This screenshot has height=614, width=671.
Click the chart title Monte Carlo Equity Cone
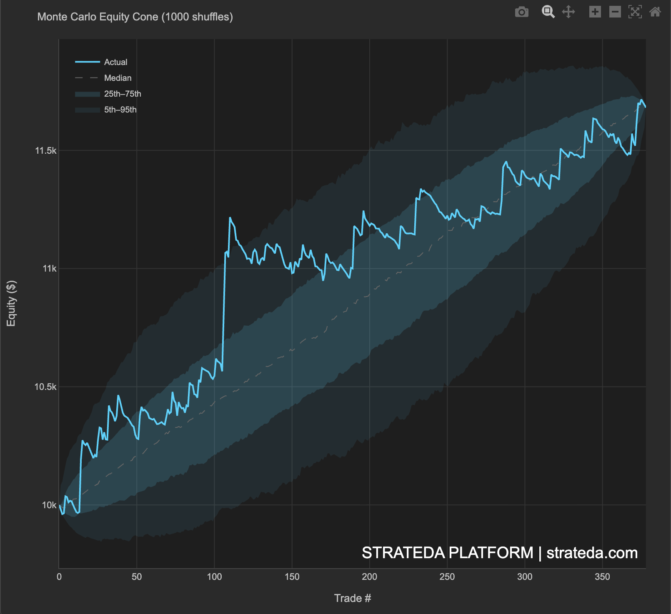[x=135, y=17]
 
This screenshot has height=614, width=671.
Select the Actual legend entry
[x=115, y=62]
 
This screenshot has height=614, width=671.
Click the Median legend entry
[x=118, y=78]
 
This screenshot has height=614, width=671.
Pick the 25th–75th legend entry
[x=122, y=94]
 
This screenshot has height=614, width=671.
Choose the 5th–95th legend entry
[x=120, y=110]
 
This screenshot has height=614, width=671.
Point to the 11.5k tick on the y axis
[x=45, y=151]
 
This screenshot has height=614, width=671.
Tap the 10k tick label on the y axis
[x=49, y=505]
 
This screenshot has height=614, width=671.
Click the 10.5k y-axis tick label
[x=45, y=387]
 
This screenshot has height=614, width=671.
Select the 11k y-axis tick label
[x=49, y=269]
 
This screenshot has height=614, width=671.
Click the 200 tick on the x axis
[x=369, y=577]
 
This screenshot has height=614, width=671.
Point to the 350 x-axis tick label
[x=602, y=577]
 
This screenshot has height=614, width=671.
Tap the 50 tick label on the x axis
[x=137, y=577]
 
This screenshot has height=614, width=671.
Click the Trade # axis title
[x=352, y=598]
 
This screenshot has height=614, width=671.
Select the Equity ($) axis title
[x=11, y=303]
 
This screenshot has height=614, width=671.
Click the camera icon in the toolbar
[x=521, y=12]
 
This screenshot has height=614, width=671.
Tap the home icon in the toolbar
[x=655, y=12]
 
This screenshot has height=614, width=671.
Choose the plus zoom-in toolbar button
[x=595, y=12]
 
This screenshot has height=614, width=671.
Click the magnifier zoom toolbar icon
[x=548, y=12]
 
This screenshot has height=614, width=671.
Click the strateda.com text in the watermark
[x=592, y=553]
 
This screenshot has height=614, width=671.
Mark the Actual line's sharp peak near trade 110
[x=230, y=218]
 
